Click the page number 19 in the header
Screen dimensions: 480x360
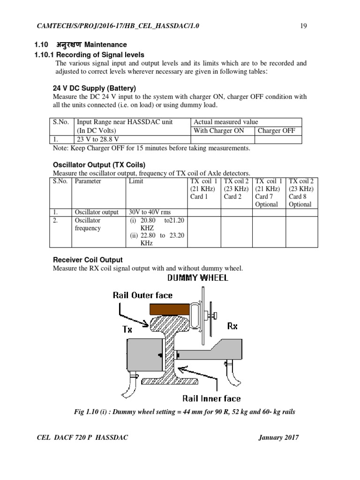click(303, 26)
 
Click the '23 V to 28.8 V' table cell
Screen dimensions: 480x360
click(97, 139)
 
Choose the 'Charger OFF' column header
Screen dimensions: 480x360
click(277, 131)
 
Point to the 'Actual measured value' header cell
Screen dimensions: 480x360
click(225, 122)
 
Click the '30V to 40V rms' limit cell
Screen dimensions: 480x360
click(150, 212)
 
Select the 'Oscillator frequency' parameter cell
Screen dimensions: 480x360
click(88, 224)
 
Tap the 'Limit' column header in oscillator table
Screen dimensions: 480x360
click(136, 181)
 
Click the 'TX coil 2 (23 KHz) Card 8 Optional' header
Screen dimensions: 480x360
click(301, 192)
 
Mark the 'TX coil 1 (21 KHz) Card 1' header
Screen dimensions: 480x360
click(203, 188)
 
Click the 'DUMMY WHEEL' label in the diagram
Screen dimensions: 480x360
click(197, 278)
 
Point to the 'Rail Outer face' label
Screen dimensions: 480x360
click(142, 295)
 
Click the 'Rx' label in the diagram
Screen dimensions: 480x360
click(232, 326)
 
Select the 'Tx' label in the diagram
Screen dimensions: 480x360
click(127, 329)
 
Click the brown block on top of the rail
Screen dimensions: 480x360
click(169, 309)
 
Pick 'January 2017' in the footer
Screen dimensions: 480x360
click(278, 438)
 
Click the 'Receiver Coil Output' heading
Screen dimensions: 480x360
click(88, 260)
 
